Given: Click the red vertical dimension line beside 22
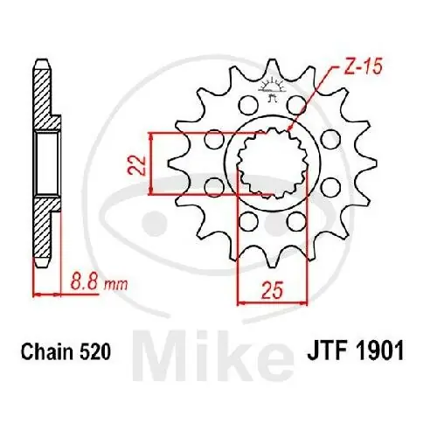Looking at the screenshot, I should point(155,163).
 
